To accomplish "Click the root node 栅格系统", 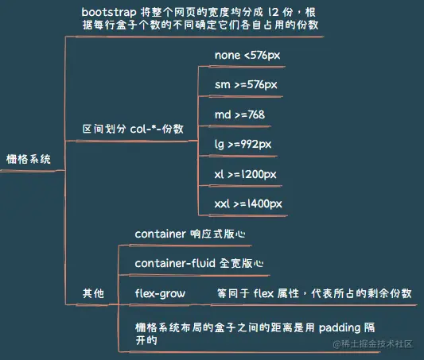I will pyautogui.click(x=28, y=159).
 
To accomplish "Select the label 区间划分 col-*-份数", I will pyautogui.click(x=133, y=128).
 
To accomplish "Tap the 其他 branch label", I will pyautogui.click(x=93, y=293).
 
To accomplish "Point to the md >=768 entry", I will pyautogui.click(x=239, y=114).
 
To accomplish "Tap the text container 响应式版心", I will pyautogui.click(x=190, y=234).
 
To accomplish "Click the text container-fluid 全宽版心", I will pyautogui.click(x=199, y=263).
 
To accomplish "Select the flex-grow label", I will pyautogui.click(x=160, y=293).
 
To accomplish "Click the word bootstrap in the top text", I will pyautogui.click(x=108, y=13).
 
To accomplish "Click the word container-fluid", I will pyautogui.click(x=171, y=263).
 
